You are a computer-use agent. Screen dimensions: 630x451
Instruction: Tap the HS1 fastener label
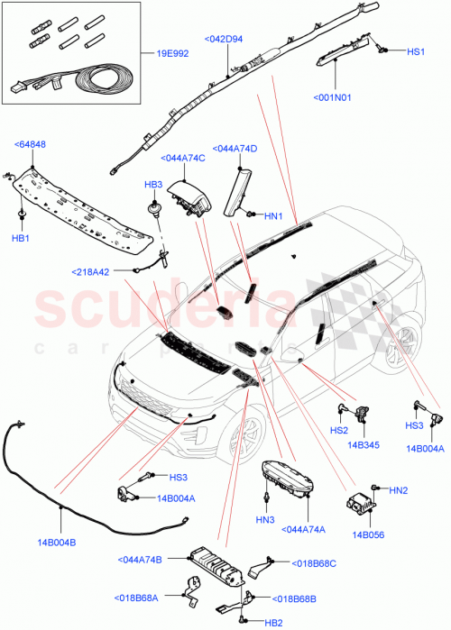tap(416, 52)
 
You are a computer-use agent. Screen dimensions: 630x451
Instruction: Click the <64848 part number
tap(32, 143)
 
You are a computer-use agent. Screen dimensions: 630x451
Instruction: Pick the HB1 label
tap(20, 238)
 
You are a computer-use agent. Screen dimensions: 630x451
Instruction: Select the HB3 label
tap(153, 184)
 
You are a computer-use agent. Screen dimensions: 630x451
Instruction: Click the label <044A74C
tap(184, 159)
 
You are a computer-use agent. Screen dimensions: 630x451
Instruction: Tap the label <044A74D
tap(235, 148)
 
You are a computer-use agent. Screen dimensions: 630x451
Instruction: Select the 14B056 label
tap(369, 534)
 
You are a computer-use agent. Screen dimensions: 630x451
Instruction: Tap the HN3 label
tap(264, 520)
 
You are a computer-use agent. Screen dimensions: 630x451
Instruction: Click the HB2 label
tap(273, 622)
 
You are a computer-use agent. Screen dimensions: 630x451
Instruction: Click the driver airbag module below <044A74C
tap(197, 201)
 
